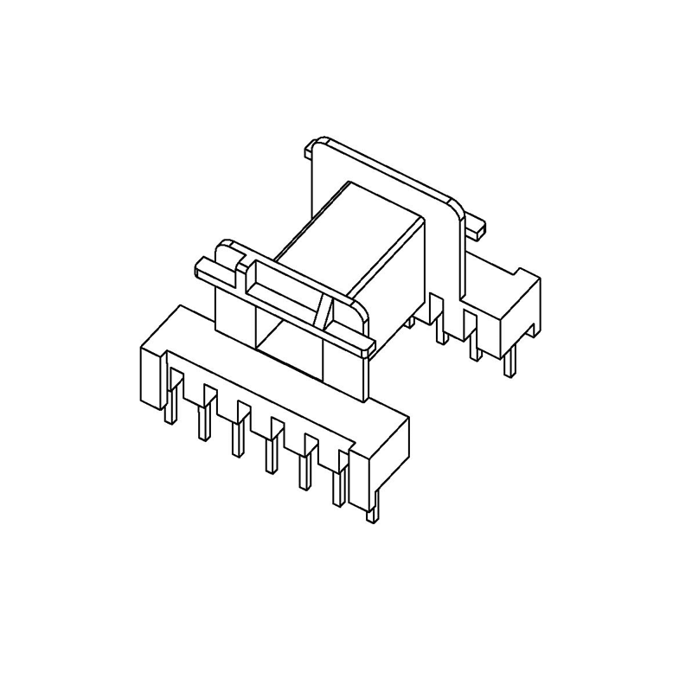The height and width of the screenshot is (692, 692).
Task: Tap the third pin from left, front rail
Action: tap(234, 436)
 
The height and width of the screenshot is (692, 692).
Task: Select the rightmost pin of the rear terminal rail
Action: tap(510, 362)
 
